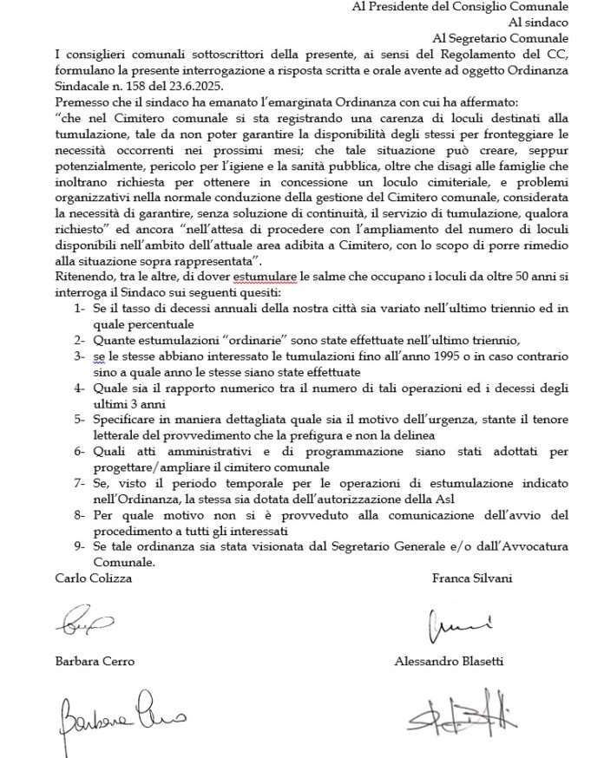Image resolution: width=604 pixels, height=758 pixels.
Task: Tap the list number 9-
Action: point(80,546)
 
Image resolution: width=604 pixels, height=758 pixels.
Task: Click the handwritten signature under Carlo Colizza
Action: point(83,621)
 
